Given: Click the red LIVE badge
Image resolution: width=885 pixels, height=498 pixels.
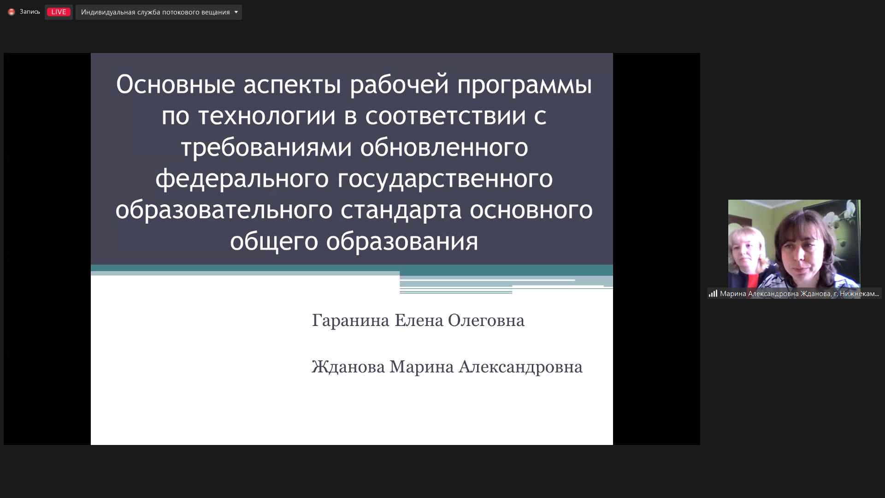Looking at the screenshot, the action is tap(59, 12).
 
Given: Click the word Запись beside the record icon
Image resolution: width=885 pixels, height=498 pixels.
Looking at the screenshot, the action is tap(30, 12).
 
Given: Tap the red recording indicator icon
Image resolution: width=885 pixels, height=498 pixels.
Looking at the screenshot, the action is tap(12, 12).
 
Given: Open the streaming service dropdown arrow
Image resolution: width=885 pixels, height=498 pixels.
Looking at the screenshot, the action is tap(236, 12).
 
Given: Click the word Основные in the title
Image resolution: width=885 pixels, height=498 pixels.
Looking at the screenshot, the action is tap(176, 84).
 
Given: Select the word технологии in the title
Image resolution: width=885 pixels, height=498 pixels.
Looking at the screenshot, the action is tap(267, 116).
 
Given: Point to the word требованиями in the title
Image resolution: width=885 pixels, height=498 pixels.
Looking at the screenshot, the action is tap(266, 148).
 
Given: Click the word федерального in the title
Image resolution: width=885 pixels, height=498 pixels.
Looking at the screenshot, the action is tap(242, 179).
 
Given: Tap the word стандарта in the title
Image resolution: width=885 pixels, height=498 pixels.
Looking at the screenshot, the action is tap(401, 210).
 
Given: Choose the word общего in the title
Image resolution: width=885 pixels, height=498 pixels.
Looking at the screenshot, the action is tap(274, 242).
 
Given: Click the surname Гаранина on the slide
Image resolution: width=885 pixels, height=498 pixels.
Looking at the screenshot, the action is tap(351, 320).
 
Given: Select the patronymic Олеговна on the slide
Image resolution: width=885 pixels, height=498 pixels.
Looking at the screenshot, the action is tap(486, 320).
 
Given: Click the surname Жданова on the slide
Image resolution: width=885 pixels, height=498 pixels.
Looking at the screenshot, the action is tap(348, 367).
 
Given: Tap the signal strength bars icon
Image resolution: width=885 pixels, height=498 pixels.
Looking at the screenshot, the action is tap(713, 293).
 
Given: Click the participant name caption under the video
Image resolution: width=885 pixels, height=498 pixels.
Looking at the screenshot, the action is tap(799, 294).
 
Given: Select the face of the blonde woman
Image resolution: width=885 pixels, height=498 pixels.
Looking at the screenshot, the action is tap(748, 249).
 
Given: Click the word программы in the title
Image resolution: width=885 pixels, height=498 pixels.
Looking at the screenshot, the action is tap(525, 85).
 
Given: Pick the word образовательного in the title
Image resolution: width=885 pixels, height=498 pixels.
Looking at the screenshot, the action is tap(224, 210).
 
